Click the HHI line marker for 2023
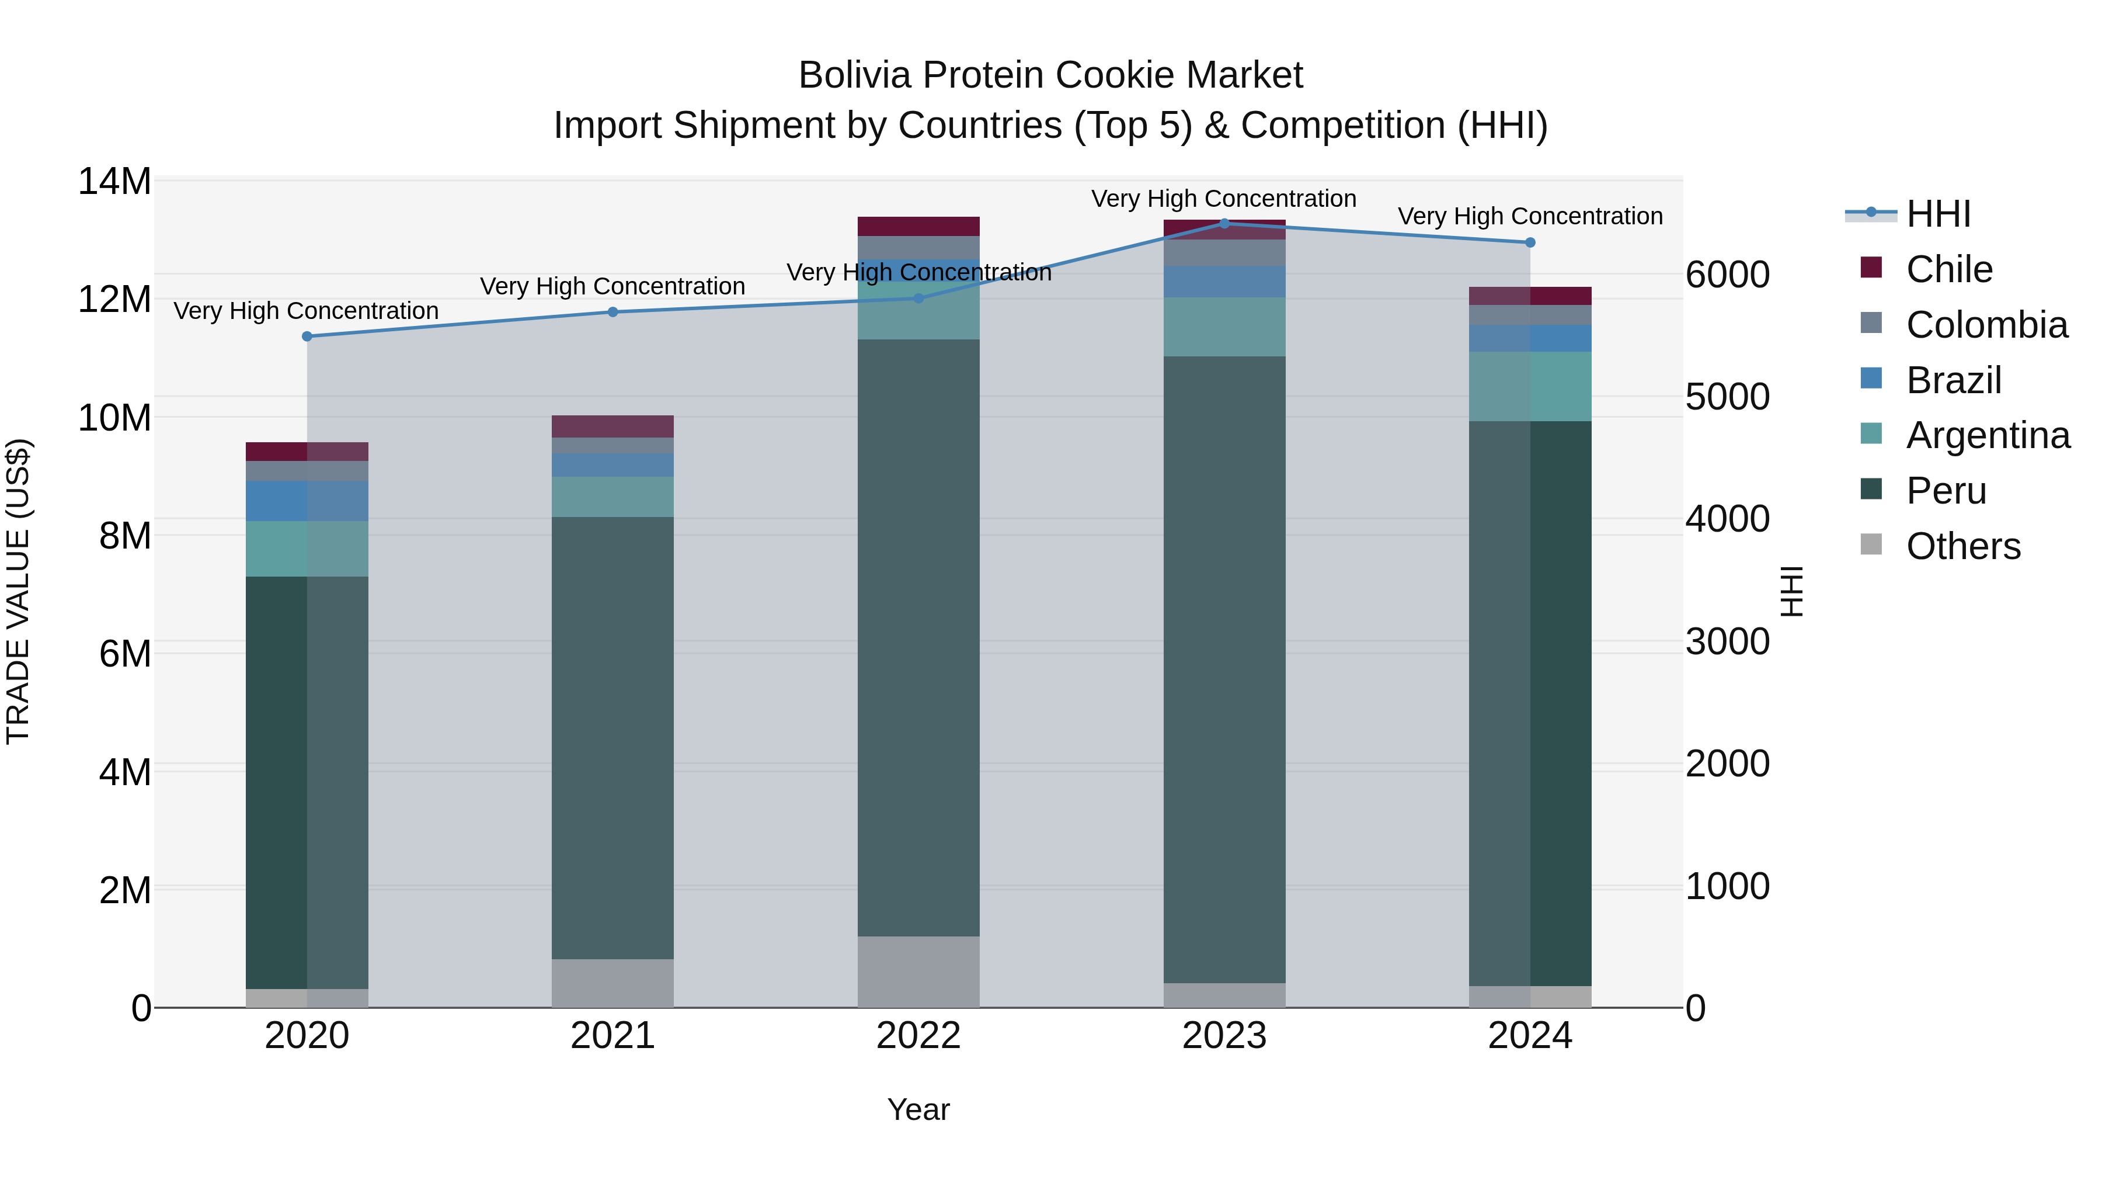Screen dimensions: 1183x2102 [x=1224, y=223]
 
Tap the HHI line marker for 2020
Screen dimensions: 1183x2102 [x=307, y=336]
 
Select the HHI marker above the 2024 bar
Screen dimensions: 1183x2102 [x=1530, y=242]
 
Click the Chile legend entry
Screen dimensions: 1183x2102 [x=1948, y=269]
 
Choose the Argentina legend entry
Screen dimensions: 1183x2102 [x=1987, y=435]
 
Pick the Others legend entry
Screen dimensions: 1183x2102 [x=1962, y=546]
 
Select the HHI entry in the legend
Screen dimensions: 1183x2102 [x=1938, y=214]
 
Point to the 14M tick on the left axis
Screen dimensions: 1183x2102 [x=114, y=181]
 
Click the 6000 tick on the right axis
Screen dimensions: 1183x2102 [x=1728, y=275]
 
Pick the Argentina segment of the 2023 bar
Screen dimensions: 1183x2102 [x=1224, y=327]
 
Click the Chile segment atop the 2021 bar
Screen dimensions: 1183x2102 [x=613, y=426]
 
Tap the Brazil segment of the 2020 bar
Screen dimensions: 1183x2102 [x=307, y=501]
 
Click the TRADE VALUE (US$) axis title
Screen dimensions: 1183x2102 [x=18, y=591]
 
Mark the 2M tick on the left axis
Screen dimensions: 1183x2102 [x=124, y=890]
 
